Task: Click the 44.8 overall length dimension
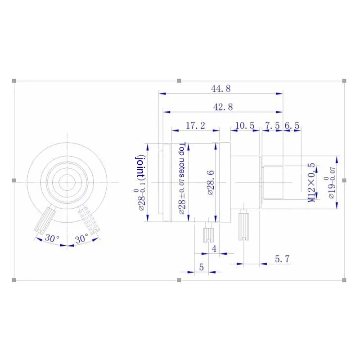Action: coord(220,89)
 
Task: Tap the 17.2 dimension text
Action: coord(195,126)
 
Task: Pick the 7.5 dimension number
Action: coord(272,126)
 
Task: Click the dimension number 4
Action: coord(214,248)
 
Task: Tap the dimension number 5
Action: coord(201,266)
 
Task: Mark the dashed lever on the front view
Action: coord(88,220)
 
